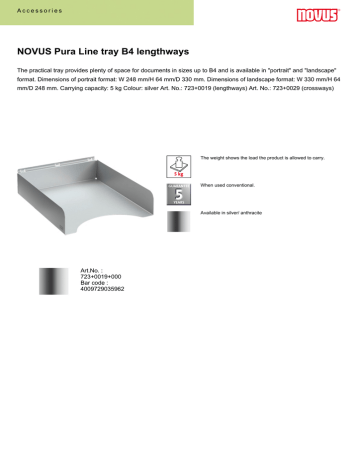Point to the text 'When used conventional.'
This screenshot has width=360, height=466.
pyautogui.click(x=230, y=186)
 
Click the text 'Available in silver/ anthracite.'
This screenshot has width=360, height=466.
pyautogui.click(x=241, y=213)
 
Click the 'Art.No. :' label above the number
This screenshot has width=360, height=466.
pyautogui.click(x=91, y=270)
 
